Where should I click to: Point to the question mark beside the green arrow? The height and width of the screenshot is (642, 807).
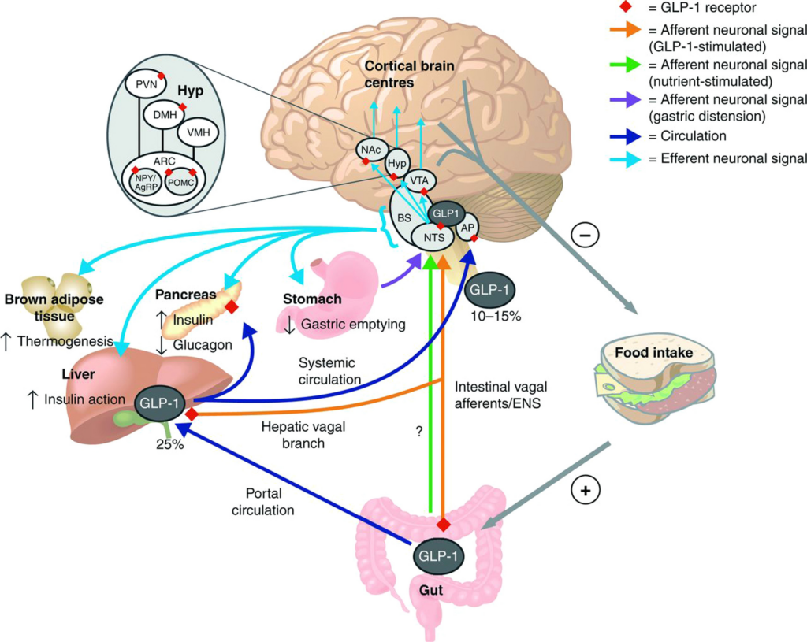point(418,432)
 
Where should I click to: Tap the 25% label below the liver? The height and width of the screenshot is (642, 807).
point(169,444)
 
